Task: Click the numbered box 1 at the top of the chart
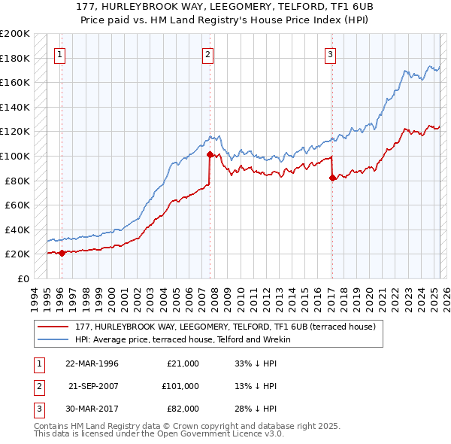click(59, 53)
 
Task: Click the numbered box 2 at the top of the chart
click(207, 53)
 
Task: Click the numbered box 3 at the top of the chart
click(330, 53)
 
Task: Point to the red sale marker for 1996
click(62, 253)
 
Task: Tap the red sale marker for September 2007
click(209, 154)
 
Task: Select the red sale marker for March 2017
click(331, 178)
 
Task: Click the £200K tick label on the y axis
click(15, 34)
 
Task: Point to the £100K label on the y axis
click(15, 156)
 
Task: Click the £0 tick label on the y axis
click(23, 278)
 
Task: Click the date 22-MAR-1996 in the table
click(92, 363)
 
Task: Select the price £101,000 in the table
click(180, 386)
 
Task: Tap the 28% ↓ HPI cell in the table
click(256, 409)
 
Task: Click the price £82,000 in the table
click(183, 409)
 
